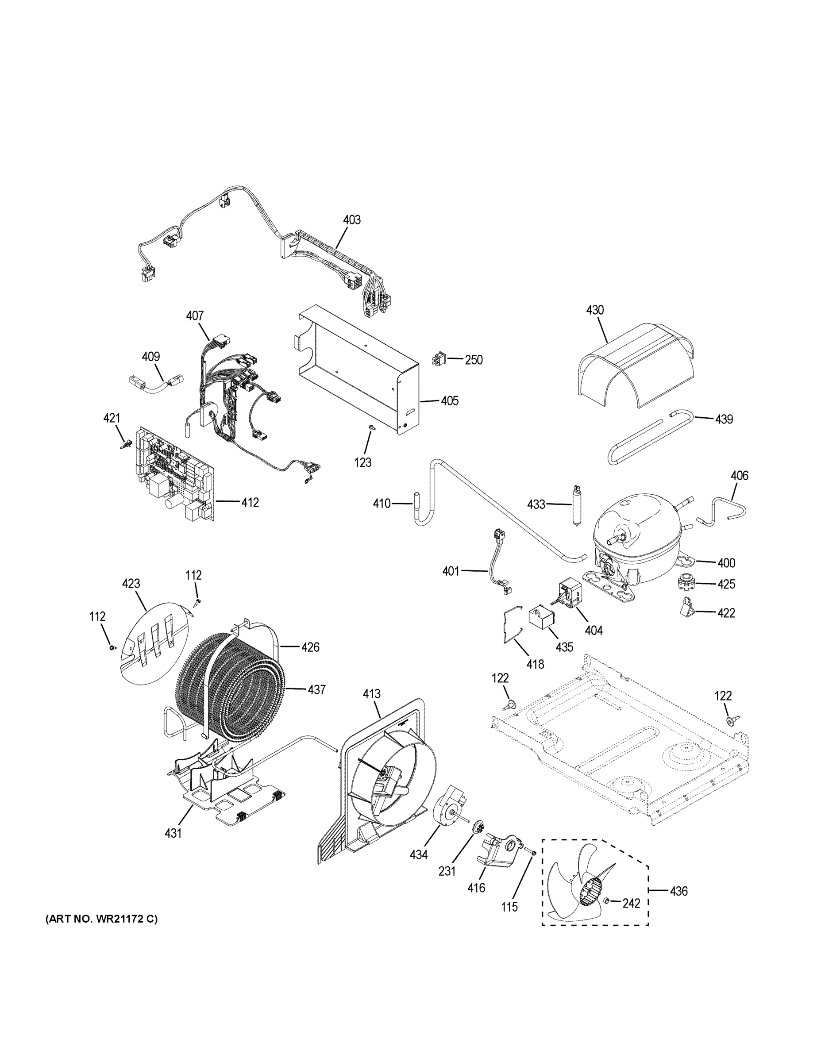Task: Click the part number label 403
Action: (352, 220)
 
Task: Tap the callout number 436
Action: (678, 891)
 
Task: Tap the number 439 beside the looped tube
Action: (724, 419)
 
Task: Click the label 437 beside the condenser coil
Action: (316, 689)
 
